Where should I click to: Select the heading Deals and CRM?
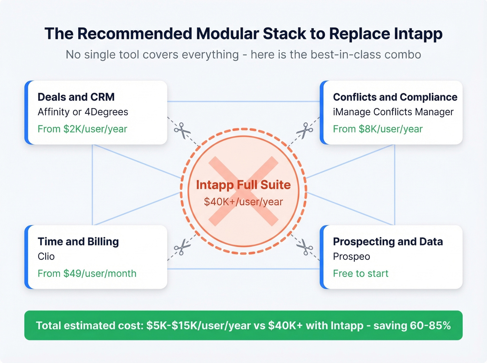[76, 97]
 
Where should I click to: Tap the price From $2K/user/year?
[82, 129]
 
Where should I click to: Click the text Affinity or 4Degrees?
[83, 112]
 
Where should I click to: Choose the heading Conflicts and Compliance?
[395, 97]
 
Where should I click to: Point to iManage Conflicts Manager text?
[393, 112]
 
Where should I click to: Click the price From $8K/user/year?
[377, 129]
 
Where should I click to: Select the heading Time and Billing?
[78, 241]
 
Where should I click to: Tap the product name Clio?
[46, 256]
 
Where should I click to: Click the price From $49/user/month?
[87, 273]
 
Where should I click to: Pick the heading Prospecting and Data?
[388, 241]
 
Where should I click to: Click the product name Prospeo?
[351, 256]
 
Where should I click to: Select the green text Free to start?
[360, 273]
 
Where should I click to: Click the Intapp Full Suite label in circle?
[243, 185]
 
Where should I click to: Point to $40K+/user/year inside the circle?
[243, 202]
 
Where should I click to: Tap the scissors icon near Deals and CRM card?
[182, 131]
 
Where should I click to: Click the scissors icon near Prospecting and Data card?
[305, 247]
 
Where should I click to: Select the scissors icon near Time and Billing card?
[182, 247]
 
